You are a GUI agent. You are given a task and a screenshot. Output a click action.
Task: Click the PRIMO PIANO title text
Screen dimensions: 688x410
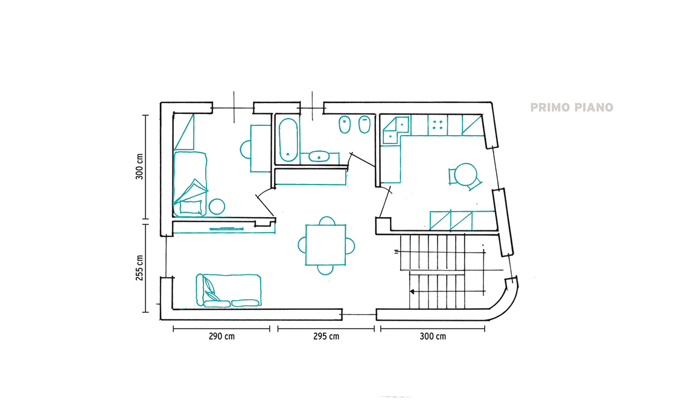tap(572, 107)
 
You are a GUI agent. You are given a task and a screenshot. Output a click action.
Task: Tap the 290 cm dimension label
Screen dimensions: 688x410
tap(221, 336)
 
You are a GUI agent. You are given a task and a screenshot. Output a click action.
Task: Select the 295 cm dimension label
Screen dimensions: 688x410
tap(326, 336)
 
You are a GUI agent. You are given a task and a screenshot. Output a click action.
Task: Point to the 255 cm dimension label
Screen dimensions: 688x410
tap(139, 268)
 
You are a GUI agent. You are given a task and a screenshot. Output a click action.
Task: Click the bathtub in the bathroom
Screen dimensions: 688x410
tap(288, 139)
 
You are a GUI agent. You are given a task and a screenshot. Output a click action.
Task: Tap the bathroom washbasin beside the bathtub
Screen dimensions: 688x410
tap(319, 156)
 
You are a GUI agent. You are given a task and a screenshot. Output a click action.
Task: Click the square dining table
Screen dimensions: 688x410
tap(325, 245)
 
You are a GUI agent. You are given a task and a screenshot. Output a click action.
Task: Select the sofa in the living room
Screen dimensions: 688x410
tap(229, 290)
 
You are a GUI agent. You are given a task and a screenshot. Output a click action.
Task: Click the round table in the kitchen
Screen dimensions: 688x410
tap(465, 174)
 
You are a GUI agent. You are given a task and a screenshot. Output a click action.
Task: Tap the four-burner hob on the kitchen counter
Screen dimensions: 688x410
tap(438, 125)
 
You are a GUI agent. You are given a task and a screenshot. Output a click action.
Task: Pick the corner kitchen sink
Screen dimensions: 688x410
tap(397, 130)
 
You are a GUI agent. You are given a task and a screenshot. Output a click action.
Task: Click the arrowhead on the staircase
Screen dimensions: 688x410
tap(412, 291)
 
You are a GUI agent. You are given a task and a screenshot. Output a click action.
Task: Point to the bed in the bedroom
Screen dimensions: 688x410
tap(190, 184)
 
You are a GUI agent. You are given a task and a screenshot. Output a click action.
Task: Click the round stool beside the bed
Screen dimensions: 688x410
tap(217, 207)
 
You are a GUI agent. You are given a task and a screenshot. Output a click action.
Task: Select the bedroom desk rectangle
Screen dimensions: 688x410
tap(261, 149)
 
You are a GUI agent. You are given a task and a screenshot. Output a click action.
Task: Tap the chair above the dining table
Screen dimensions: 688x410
tap(327, 221)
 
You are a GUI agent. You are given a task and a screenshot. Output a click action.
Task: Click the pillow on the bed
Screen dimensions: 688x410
tap(191, 207)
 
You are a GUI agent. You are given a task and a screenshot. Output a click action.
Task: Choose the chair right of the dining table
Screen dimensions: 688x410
tap(350, 245)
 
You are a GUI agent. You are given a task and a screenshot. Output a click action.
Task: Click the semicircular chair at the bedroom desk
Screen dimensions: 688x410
tap(245, 150)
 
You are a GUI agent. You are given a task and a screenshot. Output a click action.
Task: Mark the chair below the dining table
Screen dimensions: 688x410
tap(325, 270)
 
